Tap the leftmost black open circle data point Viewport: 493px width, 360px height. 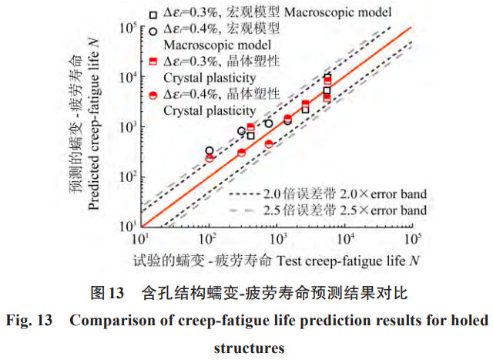point(210,151)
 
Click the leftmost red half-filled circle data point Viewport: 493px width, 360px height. point(210,158)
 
